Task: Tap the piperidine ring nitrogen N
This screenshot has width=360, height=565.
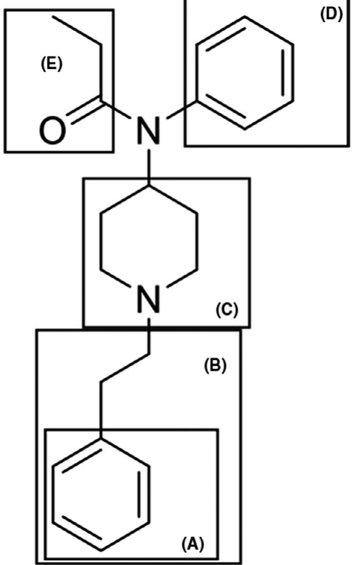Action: [148, 298]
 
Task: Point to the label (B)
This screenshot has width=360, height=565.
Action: [215, 367]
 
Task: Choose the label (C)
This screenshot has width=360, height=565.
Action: [227, 310]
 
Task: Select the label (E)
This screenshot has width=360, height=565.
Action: [51, 65]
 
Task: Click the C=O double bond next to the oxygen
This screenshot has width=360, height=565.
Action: [84, 109]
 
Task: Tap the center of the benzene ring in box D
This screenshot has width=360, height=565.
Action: [245, 72]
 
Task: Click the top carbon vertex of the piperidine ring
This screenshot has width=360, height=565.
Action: [148, 186]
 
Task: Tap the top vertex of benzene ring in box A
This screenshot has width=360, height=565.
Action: [101, 438]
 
